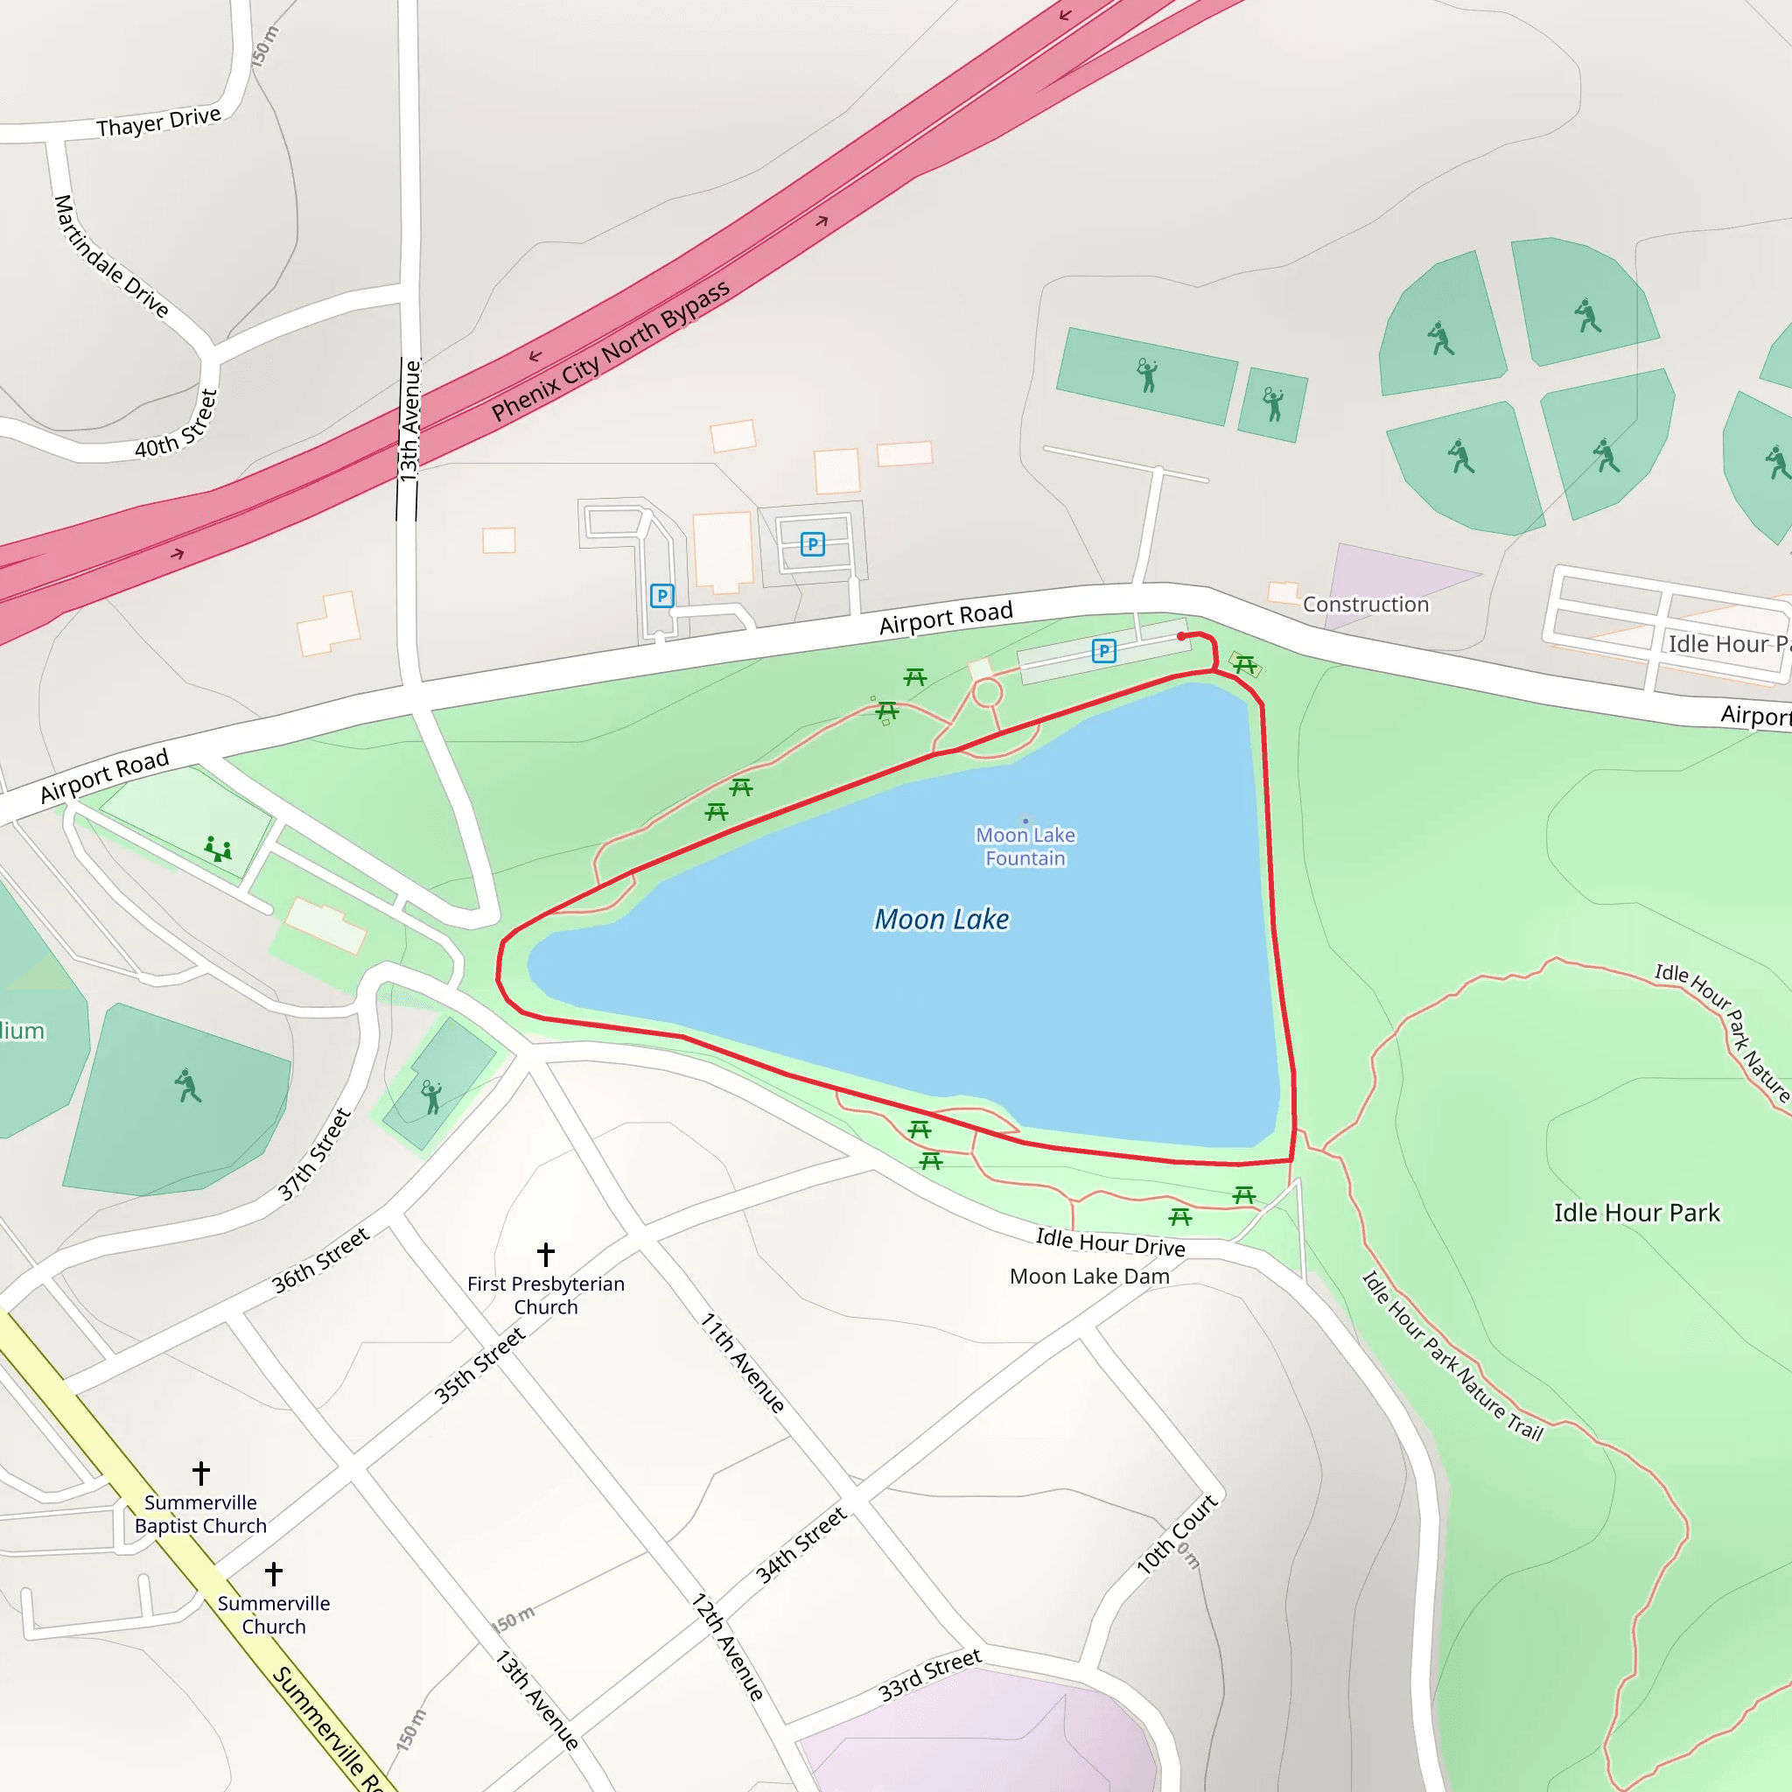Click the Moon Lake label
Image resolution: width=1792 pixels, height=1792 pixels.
[x=941, y=920]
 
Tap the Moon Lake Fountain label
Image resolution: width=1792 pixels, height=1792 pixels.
[x=1025, y=846]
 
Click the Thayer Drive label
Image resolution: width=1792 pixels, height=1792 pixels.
[x=158, y=122]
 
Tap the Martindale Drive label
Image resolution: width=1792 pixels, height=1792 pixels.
[x=110, y=256]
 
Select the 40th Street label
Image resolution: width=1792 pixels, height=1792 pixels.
[x=177, y=424]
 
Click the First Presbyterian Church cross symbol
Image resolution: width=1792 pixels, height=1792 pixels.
[x=545, y=1254]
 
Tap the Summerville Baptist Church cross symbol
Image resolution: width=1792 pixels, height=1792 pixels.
[x=201, y=1472]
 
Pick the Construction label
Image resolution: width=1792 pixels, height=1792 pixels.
[x=1365, y=604]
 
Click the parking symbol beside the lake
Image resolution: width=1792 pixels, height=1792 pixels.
[x=1103, y=651]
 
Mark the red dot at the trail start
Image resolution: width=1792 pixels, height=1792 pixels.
[x=1180, y=636]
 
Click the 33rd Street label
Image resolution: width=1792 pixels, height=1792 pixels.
[x=929, y=1674]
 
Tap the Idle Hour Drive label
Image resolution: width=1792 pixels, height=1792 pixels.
[x=1110, y=1242]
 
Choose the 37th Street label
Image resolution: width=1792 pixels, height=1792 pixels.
[x=314, y=1155]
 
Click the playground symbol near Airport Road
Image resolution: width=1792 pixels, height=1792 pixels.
[x=218, y=848]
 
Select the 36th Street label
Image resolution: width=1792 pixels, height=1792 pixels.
[x=320, y=1260]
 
